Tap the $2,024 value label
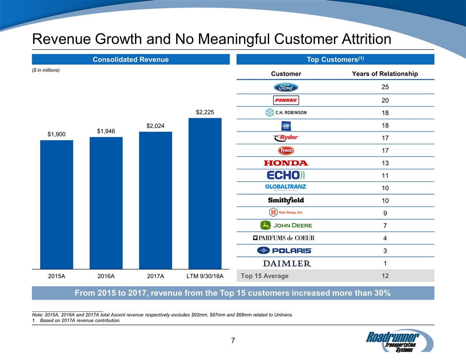tap(155, 126)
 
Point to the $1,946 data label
tap(106, 131)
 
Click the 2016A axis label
tap(106, 277)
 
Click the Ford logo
tap(286, 87)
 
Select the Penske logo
tap(286, 100)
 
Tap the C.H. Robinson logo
tap(286, 112)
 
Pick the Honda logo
tap(286, 163)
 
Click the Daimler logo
tap(287, 263)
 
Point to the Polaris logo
tap(285, 251)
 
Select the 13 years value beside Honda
tap(385, 163)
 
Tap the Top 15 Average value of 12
tap(385, 276)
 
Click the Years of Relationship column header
tap(385, 74)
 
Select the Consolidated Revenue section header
tap(131, 60)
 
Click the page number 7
tap(233, 341)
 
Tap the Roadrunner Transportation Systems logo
tap(395, 341)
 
